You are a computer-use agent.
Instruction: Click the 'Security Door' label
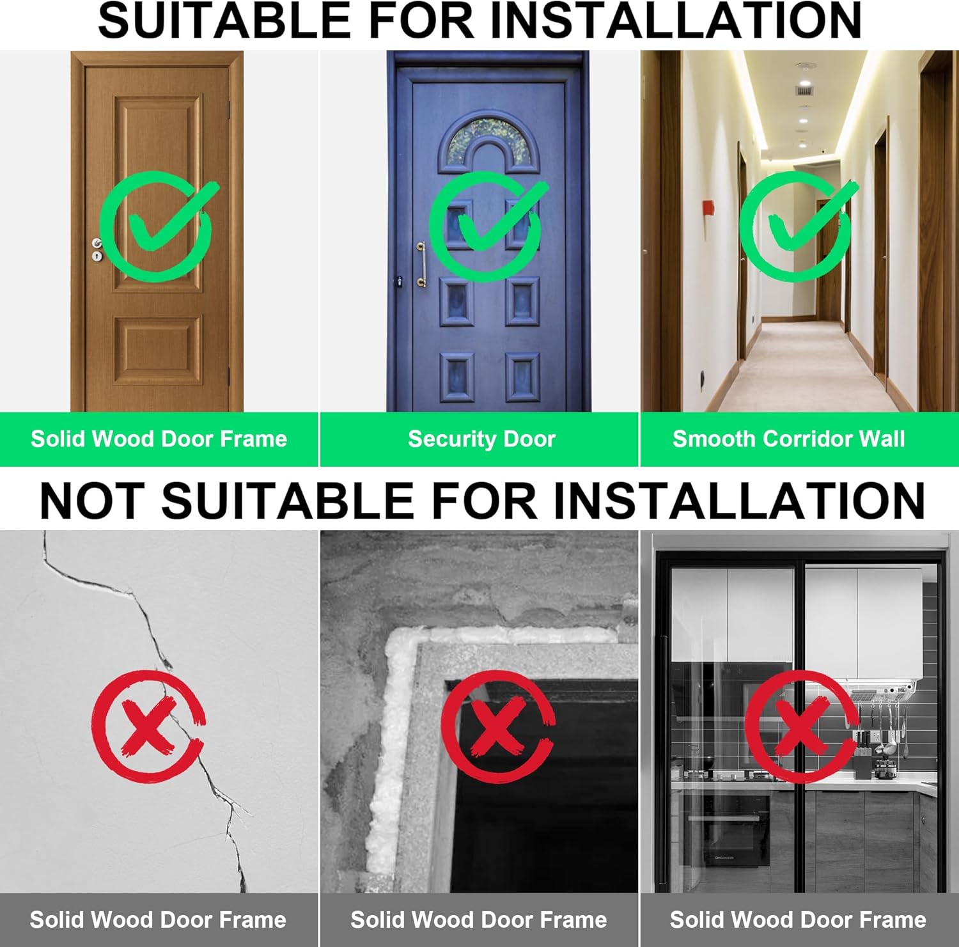pyautogui.click(x=481, y=439)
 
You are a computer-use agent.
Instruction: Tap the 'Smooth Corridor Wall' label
pyautogui.click(x=788, y=439)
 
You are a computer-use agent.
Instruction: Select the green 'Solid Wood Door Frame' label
pyautogui.click(x=159, y=439)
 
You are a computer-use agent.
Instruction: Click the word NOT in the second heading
pyautogui.click(x=90, y=500)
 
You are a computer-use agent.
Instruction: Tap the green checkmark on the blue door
pyautogui.click(x=487, y=225)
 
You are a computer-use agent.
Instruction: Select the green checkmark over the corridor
pyautogui.click(x=797, y=225)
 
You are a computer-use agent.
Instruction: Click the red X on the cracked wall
pyautogui.click(x=148, y=726)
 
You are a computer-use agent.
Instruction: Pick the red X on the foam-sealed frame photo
pyautogui.click(x=497, y=726)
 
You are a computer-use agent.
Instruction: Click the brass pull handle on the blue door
pyautogui.click(x=421, y=264)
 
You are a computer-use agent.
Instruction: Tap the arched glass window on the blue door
pyautogui.click(x=488, y=142)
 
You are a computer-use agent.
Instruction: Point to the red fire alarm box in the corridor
pyautogui.click(x=708, y=210)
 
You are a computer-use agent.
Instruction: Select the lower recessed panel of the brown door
pyautogui.click(x=158, y=350)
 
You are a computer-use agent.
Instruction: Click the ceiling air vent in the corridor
pyautogui.click(x=804, y=90)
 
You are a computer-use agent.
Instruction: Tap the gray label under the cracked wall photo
pyautogui.click(x=158, y=920)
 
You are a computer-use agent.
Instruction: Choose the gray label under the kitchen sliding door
pyautogui.click(x=799, y=920)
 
